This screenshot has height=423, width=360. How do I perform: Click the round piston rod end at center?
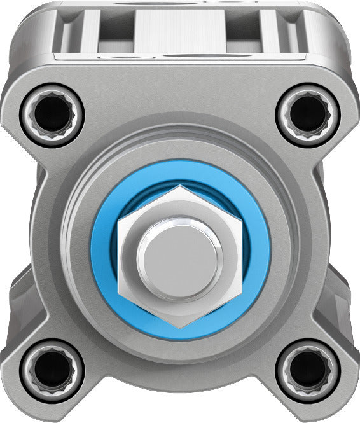pyautogui.click(x=180, y=258)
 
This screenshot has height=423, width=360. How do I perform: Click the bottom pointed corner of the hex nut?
pyautogui.click(x=180, y=326)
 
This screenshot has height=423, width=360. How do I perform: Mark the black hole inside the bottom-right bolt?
pyautogui.click(x=308, y=369)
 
